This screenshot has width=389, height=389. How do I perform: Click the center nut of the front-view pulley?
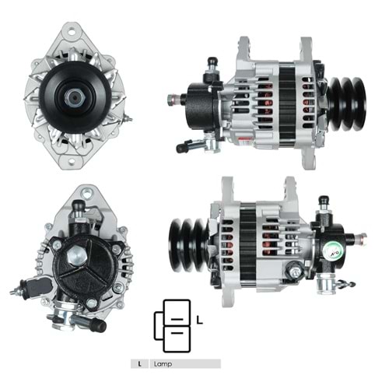click(75, 98)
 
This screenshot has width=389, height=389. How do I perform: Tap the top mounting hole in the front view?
click(72, 33)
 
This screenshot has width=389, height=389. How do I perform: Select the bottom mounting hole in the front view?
click(72, 163)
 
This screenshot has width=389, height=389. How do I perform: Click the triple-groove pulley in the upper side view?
click(347, 103)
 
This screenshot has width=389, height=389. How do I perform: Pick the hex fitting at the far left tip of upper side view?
click(172, 100)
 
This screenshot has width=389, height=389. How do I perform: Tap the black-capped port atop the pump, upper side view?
click(214, 62)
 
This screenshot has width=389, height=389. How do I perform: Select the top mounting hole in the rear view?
click(87, 193)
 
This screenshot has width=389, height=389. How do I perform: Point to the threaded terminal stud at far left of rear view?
click(15, 291)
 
